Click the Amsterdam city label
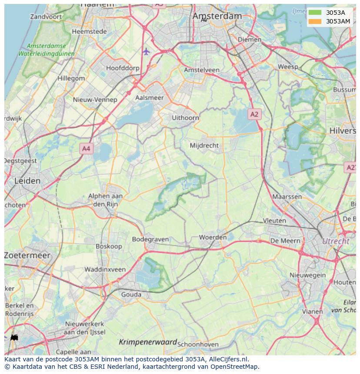pos(217,16)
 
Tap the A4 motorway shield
pos(86,149)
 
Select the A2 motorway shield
pos(254,114)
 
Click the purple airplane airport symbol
pos(146,52)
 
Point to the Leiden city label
pos(28,181)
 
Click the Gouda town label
pos(131,295)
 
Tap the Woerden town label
pos(213,237)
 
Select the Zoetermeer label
pos(27,255)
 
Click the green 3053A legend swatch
pos(315,13)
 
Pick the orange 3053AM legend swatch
pos(315,21)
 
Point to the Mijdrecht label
pos(204,146)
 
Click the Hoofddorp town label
pos(123,68)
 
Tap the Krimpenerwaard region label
pos(148,342)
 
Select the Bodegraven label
pos(150,239)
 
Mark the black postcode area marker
pos(14,337)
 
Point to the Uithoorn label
pos(185,118)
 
